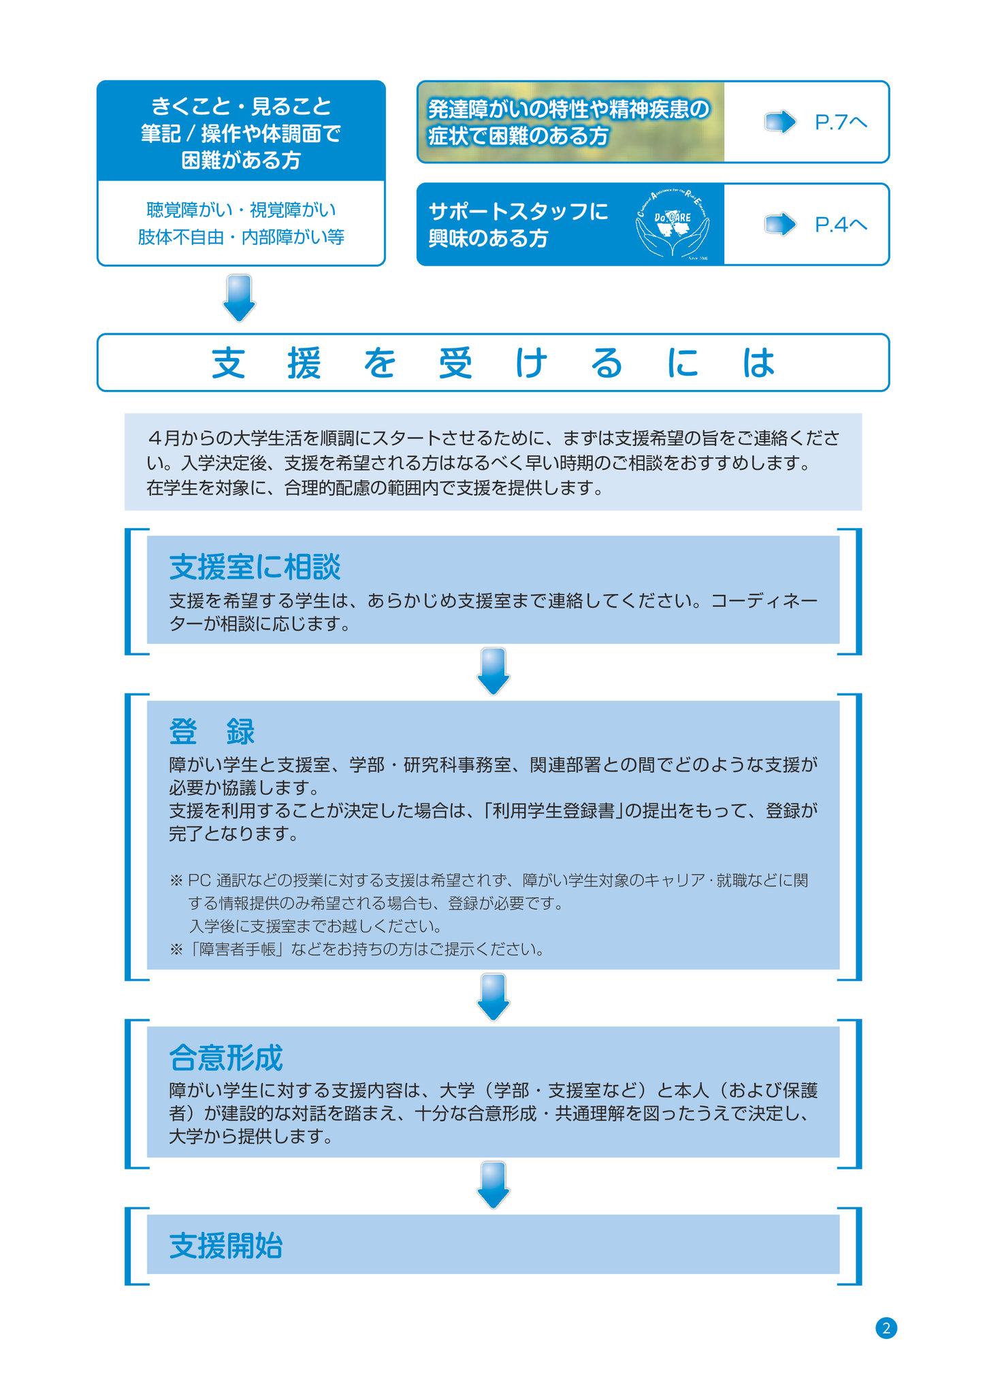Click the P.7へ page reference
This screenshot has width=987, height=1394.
pyautogui.click(x=841, y=123)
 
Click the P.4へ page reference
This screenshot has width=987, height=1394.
pyautogui.click(x=841, y=225)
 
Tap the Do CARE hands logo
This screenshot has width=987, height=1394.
pyautogui.click(x=673, y=223)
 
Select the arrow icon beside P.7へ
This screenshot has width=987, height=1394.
pyautogui.click(x=780, y=123)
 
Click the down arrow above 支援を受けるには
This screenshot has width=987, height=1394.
pyautogui.click(x=240, y=297)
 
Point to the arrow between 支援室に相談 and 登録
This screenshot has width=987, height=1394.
pyautogui.click(x=493, y=671)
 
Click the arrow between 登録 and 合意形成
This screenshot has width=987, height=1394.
pyautogui.click(x=493, y=997)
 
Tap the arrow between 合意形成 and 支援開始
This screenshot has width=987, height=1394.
pyautogui.click(x=493, y=1185)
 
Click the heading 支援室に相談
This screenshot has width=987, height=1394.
pyautogui.click(x=255, y=567)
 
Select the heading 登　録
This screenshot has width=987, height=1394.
pyautogui.click(x=212, y=732)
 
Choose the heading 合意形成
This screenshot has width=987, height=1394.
pyautogui.click(x=226, y=1058)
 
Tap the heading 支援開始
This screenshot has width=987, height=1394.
pyautogui.click(x=226, y=1246)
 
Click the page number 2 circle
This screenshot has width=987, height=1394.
pyautogui.click(x=886, y=1328)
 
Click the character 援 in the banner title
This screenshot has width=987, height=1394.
pyautogui.click(x=304, y=363)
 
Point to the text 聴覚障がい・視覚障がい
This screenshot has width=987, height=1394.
pyautogui.click(x=242, y=210)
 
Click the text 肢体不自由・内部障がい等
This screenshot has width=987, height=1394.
pyautogui.click(x=242, y=237)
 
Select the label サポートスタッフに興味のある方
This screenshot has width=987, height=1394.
pyautogui.click(x=519, y=225)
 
